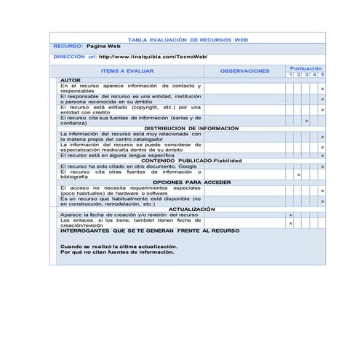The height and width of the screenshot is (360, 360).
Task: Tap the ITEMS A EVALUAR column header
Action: click(127, 71)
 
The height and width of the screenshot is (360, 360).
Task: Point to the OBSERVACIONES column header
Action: click(244, 71)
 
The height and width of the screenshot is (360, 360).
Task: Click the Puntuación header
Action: click(305, 68)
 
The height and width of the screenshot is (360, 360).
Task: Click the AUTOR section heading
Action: click(71, 79)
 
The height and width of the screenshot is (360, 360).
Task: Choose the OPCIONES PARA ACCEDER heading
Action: click(192, 181)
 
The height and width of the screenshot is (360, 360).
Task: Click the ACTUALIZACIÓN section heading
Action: click(187, 209)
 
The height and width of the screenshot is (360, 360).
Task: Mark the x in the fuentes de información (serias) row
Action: click(306, 121)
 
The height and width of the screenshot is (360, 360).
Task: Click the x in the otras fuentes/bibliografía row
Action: click(298, 175)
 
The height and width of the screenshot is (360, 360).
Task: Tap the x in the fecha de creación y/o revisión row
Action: click(290, 215)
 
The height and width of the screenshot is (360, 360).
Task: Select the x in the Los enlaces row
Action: click(290, 223)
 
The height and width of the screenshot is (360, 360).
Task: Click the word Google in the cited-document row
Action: click(188, 166)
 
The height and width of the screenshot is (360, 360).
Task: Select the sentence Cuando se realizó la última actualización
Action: click(118, 247)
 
